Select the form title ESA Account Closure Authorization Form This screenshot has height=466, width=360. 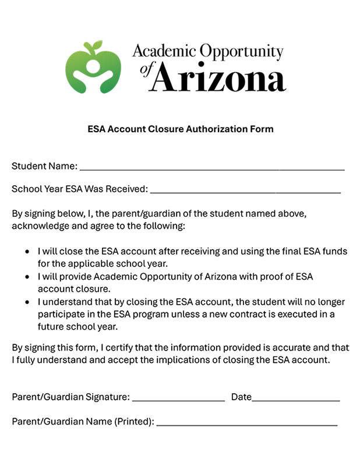tap(180, 129)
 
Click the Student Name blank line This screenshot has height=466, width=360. tap(212, 168)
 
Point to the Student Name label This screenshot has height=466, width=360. tap(44, 166)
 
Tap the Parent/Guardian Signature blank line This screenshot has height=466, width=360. tap(178, 400)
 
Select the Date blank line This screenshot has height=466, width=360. tap(296, 400)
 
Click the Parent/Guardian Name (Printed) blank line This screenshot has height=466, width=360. tap(246, 424)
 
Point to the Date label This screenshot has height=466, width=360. tap(241, 397)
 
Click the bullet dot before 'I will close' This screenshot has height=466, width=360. tap(27, 252)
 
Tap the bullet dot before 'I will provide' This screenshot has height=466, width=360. tap(27, 277)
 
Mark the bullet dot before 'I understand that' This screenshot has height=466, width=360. tap(27, 302)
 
